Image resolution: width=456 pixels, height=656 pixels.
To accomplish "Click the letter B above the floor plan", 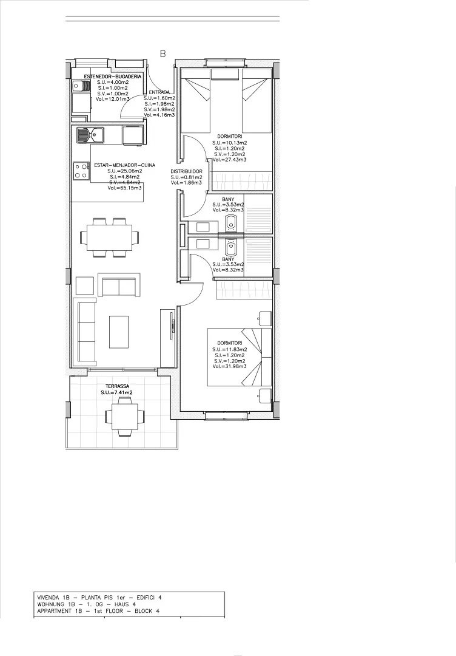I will (x=163, y=53).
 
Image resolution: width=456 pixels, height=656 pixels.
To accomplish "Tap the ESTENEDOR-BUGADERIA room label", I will (x=113, y=77).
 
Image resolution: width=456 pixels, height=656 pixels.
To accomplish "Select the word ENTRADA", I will (x=159, y=92).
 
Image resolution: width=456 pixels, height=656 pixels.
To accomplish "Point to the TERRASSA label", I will (x=116, y=386).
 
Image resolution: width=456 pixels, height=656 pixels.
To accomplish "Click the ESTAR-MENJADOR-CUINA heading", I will (x=124, y=165).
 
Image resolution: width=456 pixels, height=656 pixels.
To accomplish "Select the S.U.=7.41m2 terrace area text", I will (x=116, y=393).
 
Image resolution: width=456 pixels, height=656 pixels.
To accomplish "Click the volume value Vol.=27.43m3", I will (x=229, y=160).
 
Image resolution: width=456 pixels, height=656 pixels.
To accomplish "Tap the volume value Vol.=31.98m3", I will (x=229, y=366).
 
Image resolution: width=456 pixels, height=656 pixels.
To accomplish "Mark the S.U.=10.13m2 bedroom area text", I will (x=229, y=143).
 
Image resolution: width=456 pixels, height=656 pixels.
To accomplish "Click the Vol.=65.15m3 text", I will (x=124, y=188).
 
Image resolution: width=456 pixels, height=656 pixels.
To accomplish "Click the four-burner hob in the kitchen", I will (x=81, y=171).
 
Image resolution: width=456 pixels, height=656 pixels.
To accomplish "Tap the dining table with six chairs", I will (x=109, y=236).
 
